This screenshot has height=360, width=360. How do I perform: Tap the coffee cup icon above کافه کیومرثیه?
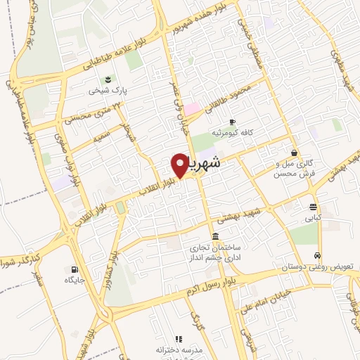tap(232, 121)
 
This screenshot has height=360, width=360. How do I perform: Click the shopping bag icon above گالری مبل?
tap(294, 153)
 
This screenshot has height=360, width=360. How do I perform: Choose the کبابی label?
tap(311, 218)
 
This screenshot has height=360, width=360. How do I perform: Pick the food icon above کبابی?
tap(311, 207)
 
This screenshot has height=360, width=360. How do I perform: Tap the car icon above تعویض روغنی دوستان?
tap(318, 255)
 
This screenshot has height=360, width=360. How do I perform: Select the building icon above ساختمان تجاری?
tap(215, 236)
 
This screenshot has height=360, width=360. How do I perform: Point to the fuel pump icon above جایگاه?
tap(75, 269)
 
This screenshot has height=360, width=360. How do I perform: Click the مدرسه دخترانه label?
tap(179, 349)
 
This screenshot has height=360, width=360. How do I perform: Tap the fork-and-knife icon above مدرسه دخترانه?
tap(179, 338)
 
